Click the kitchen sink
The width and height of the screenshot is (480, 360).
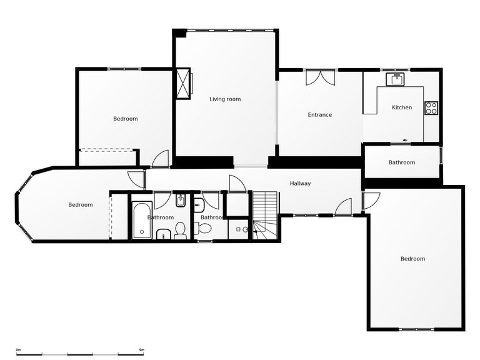pyautogui.click(x=396, y=79)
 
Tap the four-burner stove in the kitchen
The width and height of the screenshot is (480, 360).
pyautogui.click(x=431, y=107)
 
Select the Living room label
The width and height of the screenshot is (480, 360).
pyautogui.click(x=225, y=99)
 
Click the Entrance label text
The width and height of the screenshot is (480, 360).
pyautogui.click(x=319, y=115)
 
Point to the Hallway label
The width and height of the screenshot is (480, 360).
pyautogui.click(x=300, y=184)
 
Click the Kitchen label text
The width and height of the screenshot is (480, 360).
pyautogui.click(x=402, y=107)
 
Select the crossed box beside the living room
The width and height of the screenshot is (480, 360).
pyautogui.click(x=183, y=82)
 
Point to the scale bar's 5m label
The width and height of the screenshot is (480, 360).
pyautogui.click(x=141, y=349)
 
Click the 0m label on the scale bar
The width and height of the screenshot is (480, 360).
pyautogui.click(x=19, y=349)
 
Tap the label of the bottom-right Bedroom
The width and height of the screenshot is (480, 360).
pyautogui.click(x=412, y=259)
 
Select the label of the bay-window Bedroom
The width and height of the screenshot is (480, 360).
pyautogui.click(x=81, y=205)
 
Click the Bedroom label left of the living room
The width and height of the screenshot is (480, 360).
pyautogui.click(x=125, y=119)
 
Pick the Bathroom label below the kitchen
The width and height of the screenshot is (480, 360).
pyautogui.click(x=401, y=162)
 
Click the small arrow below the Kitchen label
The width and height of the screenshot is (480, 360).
pyautogui.click(x=405, y=139)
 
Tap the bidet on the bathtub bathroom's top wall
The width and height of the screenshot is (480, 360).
pyautogui.click(x=180, y=202)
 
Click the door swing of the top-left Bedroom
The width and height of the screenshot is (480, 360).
pyautogui.click(x=161, y=159)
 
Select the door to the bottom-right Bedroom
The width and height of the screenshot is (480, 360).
pyautogui.click(x=370, y=200)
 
